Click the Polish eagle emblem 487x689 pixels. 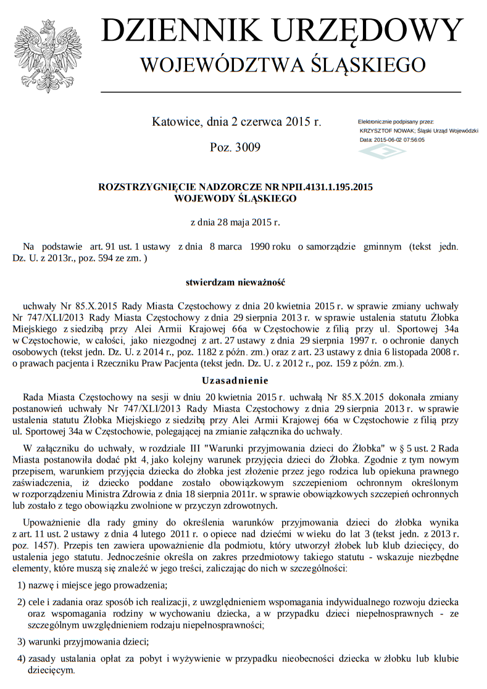click(45, 56)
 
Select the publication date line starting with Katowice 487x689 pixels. click(236, 122)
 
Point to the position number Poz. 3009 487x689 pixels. click(236, 147)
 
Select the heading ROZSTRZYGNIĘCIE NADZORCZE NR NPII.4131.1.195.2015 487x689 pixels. click(236, 187)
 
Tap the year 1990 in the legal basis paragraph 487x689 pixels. click(263, 247)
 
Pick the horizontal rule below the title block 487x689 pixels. click(280, 91)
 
